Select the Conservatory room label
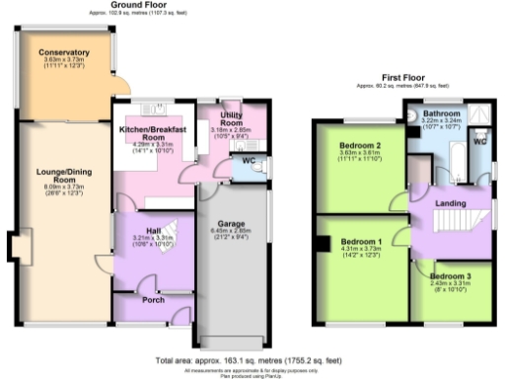click(63, 52)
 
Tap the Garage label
click(231, 224)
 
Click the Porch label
click(153, 300)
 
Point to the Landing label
click(450, 202)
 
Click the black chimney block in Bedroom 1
click(322, 244)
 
